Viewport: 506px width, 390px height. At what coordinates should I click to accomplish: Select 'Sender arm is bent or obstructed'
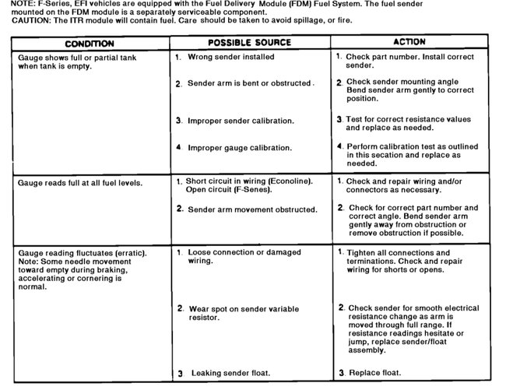tap(249, 83)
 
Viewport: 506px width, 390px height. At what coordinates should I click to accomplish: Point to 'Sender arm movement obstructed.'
tap(252, 209)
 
